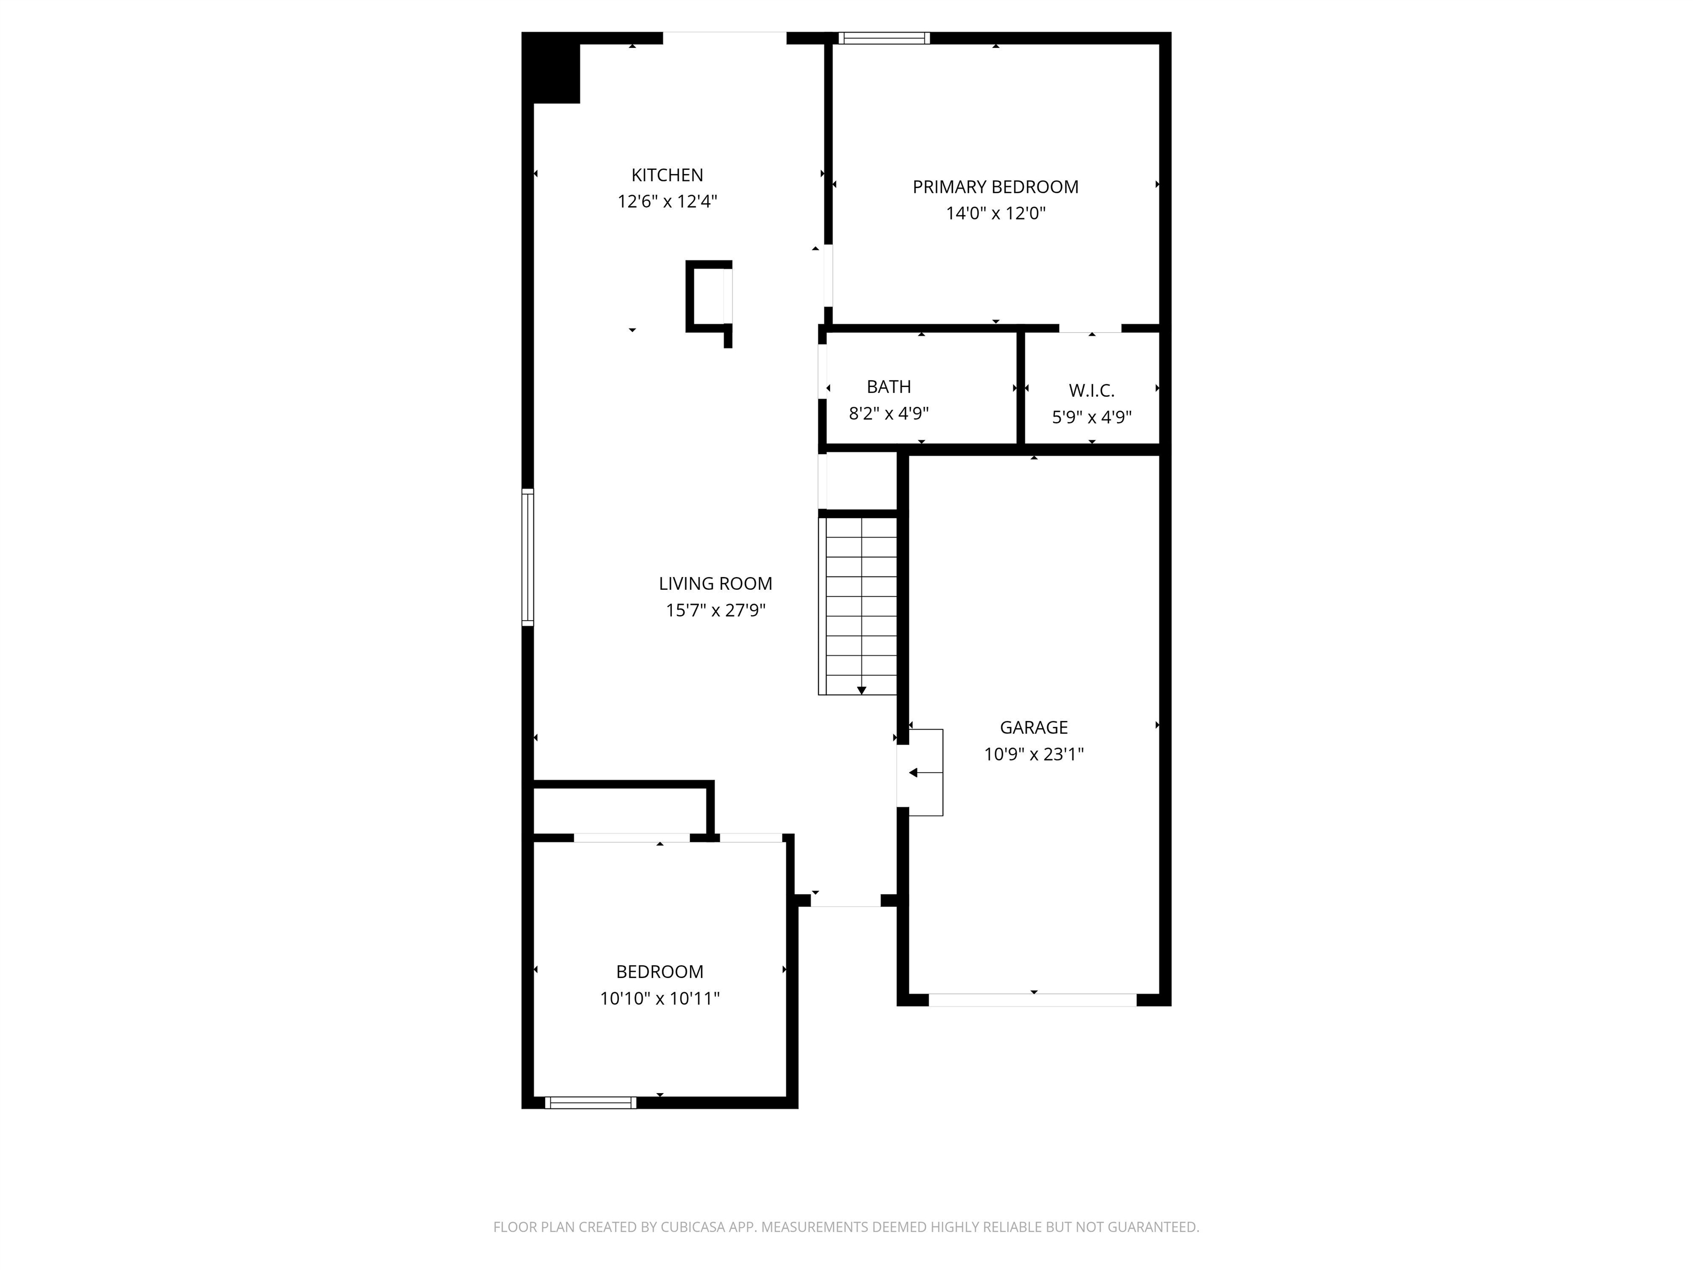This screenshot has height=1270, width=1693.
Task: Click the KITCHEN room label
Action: coord(667,175)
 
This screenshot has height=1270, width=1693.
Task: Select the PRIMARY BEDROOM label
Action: coord(995,187)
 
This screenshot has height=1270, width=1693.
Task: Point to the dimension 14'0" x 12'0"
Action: coord(995,213)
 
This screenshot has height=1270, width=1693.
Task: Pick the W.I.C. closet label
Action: coord(1091,390)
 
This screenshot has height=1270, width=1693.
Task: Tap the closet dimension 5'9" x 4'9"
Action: coord(1091,417)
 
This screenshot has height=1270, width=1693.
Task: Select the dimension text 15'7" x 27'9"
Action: coord(715,610)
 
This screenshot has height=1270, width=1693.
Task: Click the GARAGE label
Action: coord(1033,727)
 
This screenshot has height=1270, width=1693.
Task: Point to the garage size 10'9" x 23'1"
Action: coord(1033,754)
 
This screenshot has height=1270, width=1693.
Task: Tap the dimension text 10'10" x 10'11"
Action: coord(659,998)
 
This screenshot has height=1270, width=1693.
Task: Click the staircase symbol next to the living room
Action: coord(860,605)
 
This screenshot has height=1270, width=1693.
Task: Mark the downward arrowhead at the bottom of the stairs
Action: coord(861,691)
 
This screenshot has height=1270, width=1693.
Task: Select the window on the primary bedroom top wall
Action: coord(884,38)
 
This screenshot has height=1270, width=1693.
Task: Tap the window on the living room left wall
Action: coord(527,557)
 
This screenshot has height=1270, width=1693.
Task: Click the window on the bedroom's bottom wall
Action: coord(590,1102)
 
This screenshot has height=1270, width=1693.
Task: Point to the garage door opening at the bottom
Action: coord(1032,1000)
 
